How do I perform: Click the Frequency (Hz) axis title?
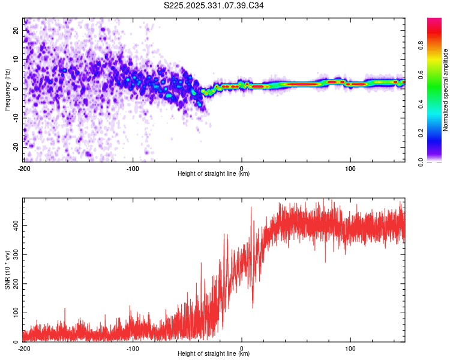point(8,90)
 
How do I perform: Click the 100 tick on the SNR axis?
point(14,313)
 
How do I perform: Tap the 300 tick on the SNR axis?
point(14,254)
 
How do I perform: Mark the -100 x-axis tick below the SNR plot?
point(133,348)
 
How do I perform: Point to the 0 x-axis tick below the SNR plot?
point(242,348)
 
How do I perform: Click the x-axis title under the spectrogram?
point(214,174)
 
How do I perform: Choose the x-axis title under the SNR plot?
point(214,354)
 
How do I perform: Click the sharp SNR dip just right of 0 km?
point(252,307)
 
